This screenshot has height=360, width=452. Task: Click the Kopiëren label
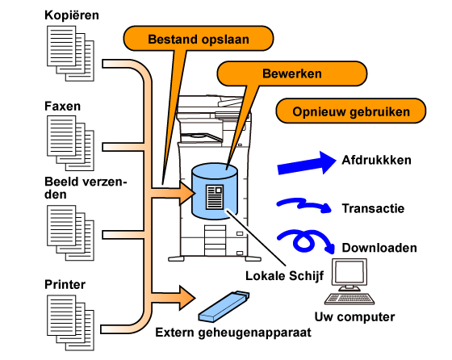72,15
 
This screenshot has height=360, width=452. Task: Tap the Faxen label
63,106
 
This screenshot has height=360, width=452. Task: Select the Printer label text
65,284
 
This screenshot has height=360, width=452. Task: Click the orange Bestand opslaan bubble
199,39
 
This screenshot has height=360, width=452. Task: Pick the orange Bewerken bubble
291,73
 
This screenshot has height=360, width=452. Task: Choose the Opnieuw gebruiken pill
351,111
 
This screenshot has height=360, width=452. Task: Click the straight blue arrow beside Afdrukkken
307,163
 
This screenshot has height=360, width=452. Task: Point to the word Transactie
373,208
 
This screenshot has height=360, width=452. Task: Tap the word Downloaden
379,248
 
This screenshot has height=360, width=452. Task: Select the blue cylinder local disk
215,191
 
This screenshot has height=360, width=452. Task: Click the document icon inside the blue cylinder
215,197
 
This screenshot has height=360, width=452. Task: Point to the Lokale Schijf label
284,276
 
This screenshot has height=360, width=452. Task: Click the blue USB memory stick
224,307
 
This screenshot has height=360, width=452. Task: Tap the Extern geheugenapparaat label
233,333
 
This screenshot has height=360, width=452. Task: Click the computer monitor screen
349,272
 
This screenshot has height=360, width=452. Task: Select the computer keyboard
349,299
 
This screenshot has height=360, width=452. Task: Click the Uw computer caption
354,316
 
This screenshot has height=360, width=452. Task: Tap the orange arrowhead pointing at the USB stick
187,298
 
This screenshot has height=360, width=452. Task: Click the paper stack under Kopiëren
71,53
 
